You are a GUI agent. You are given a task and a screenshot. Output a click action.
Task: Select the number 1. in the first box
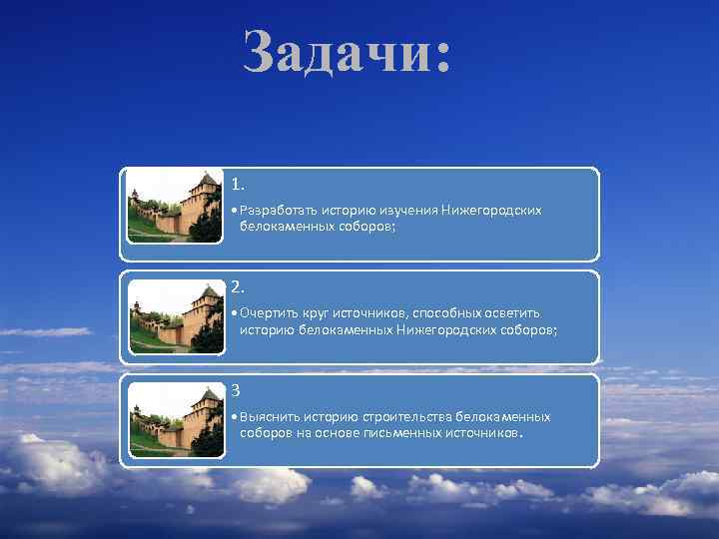pyautogui.click(x=238, y=185)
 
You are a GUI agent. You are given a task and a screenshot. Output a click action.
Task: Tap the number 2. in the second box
pyautogui.click(x=238, y=287)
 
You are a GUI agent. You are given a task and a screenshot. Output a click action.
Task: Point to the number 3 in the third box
pyautogui.click(x=236, y=389)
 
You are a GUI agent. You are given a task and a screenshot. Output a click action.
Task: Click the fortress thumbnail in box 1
pyautogui.click(x=175, y=206)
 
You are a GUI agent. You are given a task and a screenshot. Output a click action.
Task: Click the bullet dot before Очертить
pyautogui.click(x=232, y=314)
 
